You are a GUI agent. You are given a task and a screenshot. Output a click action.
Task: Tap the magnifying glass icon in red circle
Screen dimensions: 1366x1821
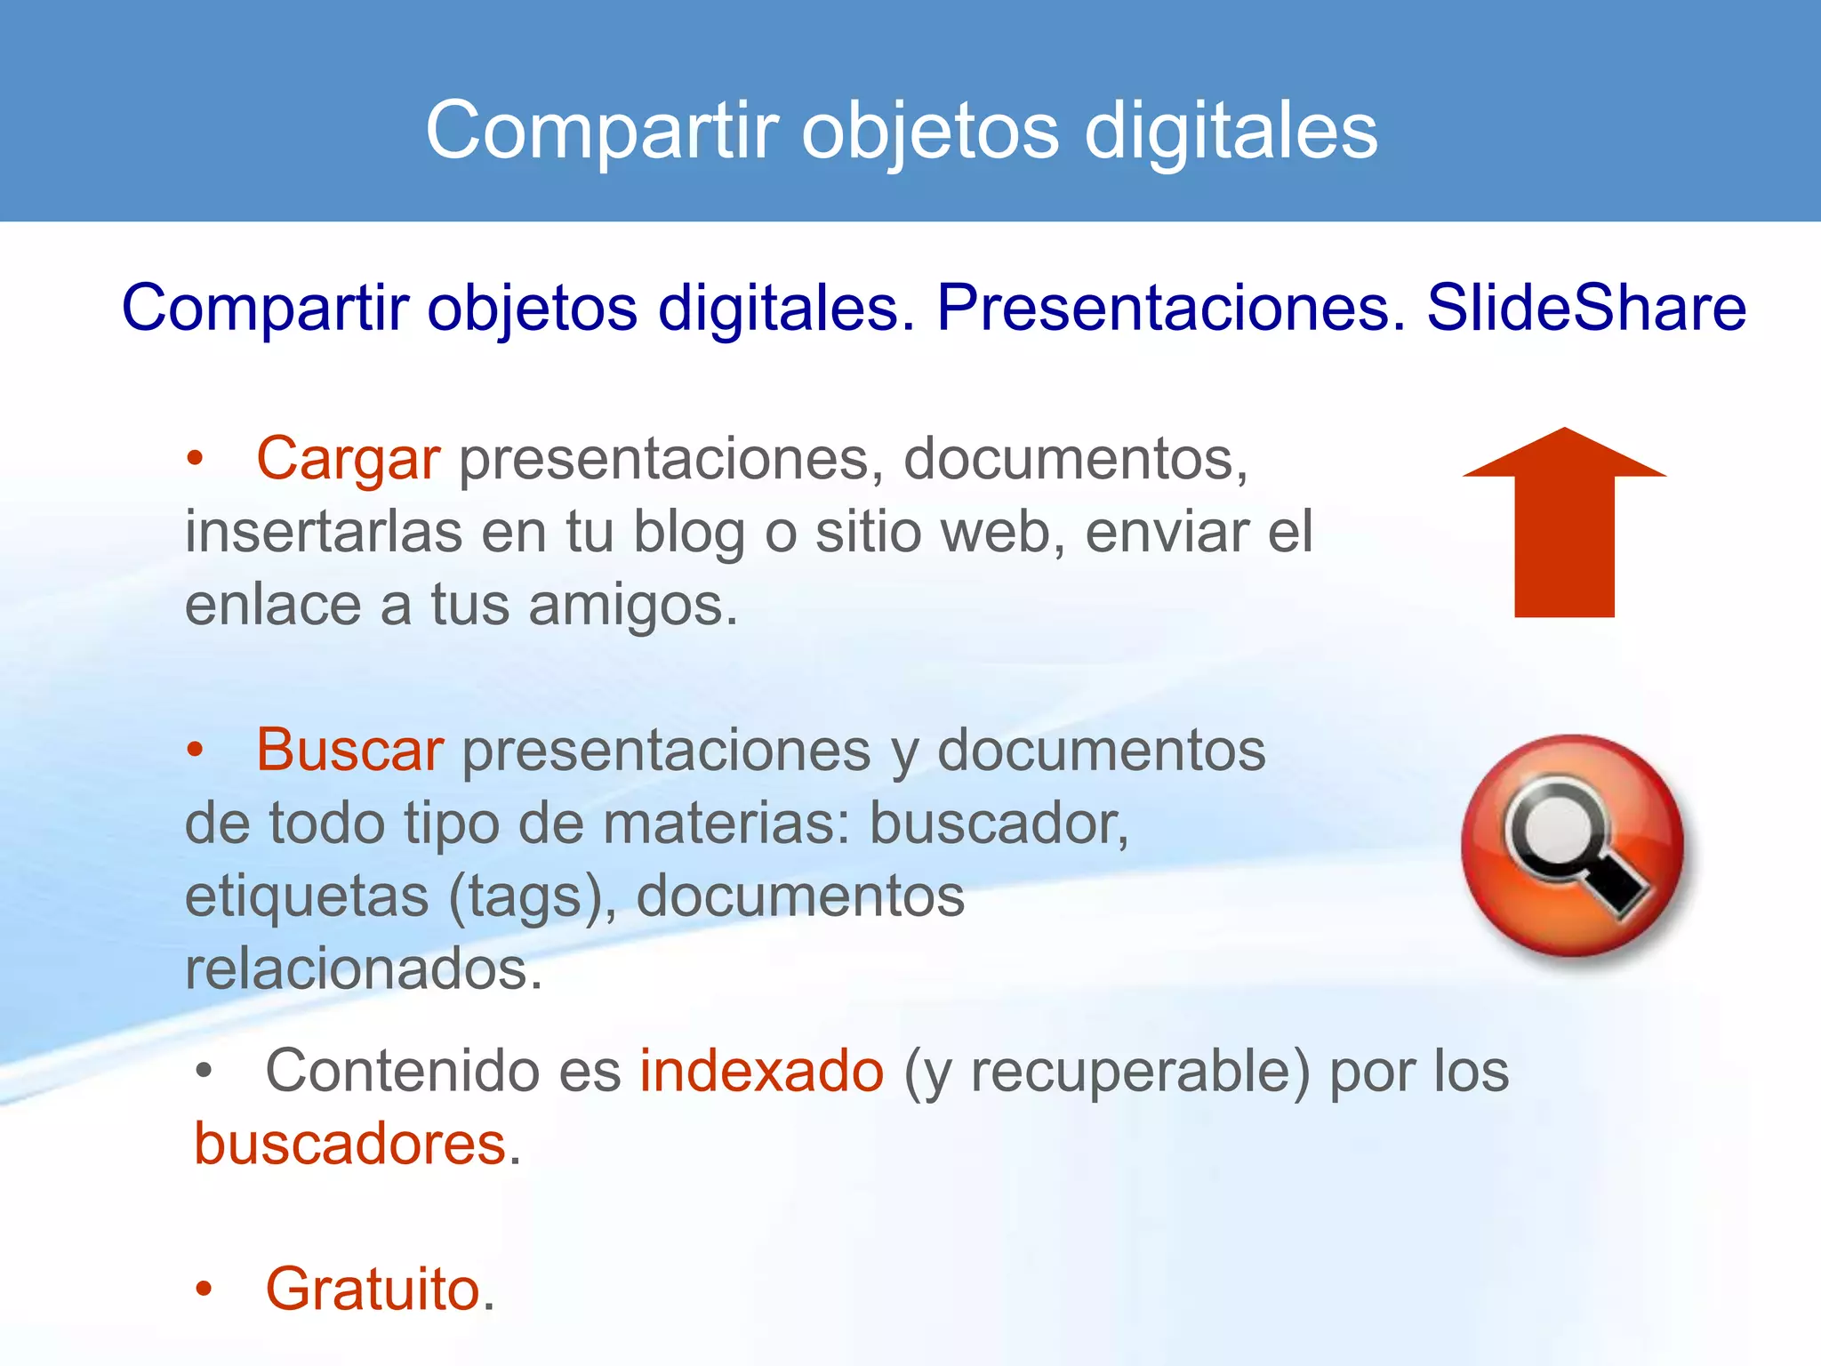click(x=1573, y=846)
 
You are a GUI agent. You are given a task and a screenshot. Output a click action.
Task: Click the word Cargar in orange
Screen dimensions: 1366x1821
click(x=348, y=460)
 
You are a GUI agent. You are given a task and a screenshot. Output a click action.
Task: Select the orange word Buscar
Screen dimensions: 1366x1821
click(x=349, y=750)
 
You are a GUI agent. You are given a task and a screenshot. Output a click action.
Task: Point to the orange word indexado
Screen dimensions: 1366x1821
click(x=762, y=1071)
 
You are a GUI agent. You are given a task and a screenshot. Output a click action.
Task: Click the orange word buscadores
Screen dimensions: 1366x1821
click(x=350, y=1144)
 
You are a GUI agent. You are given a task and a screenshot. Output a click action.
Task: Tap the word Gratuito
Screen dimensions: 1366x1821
click(x=373, y=1289)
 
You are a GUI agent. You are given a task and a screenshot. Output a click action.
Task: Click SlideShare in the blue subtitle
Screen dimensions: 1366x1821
click(x=1586, y=308)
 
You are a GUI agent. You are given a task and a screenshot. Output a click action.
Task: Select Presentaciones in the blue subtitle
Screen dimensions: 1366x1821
click(x=1170, y=308)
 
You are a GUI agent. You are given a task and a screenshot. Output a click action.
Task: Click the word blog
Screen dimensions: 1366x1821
click(x=689, y=533)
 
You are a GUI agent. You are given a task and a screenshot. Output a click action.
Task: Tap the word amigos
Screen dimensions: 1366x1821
click(x=632, y=606)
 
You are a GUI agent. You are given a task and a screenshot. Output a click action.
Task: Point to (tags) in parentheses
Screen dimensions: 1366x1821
click(x=532, y=896)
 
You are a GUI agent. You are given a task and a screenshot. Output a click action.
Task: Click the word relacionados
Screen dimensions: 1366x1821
click(x=363, y=968)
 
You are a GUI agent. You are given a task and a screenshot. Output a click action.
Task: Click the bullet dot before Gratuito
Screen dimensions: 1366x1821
click(x=205, y=1289)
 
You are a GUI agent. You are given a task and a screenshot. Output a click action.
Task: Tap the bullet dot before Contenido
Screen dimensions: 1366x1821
click(x=205, y=1072)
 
